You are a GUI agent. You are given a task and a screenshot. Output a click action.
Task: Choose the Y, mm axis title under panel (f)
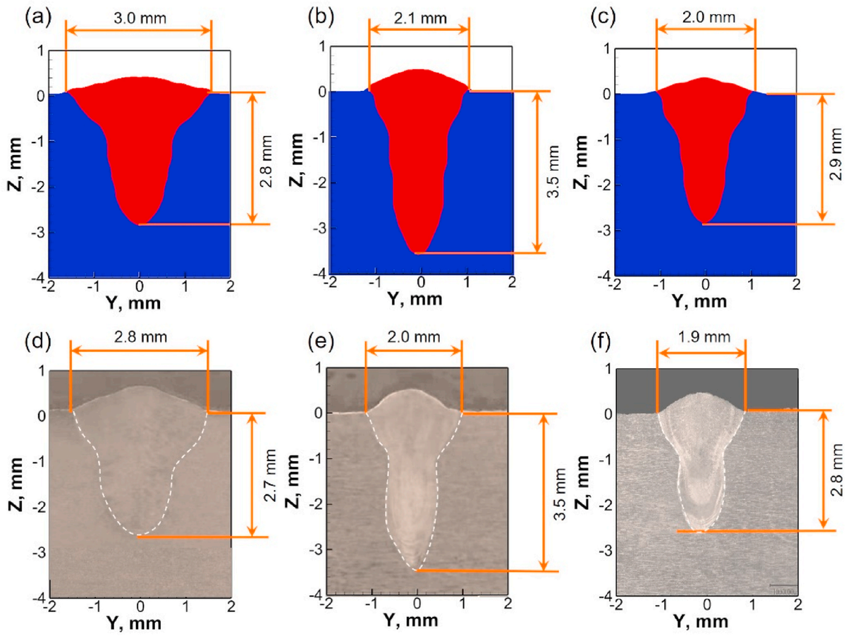pos(707,624)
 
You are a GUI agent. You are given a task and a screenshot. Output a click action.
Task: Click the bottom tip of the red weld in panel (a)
pos(140,224)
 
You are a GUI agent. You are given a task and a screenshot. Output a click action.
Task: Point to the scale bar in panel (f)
pos(780,585)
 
